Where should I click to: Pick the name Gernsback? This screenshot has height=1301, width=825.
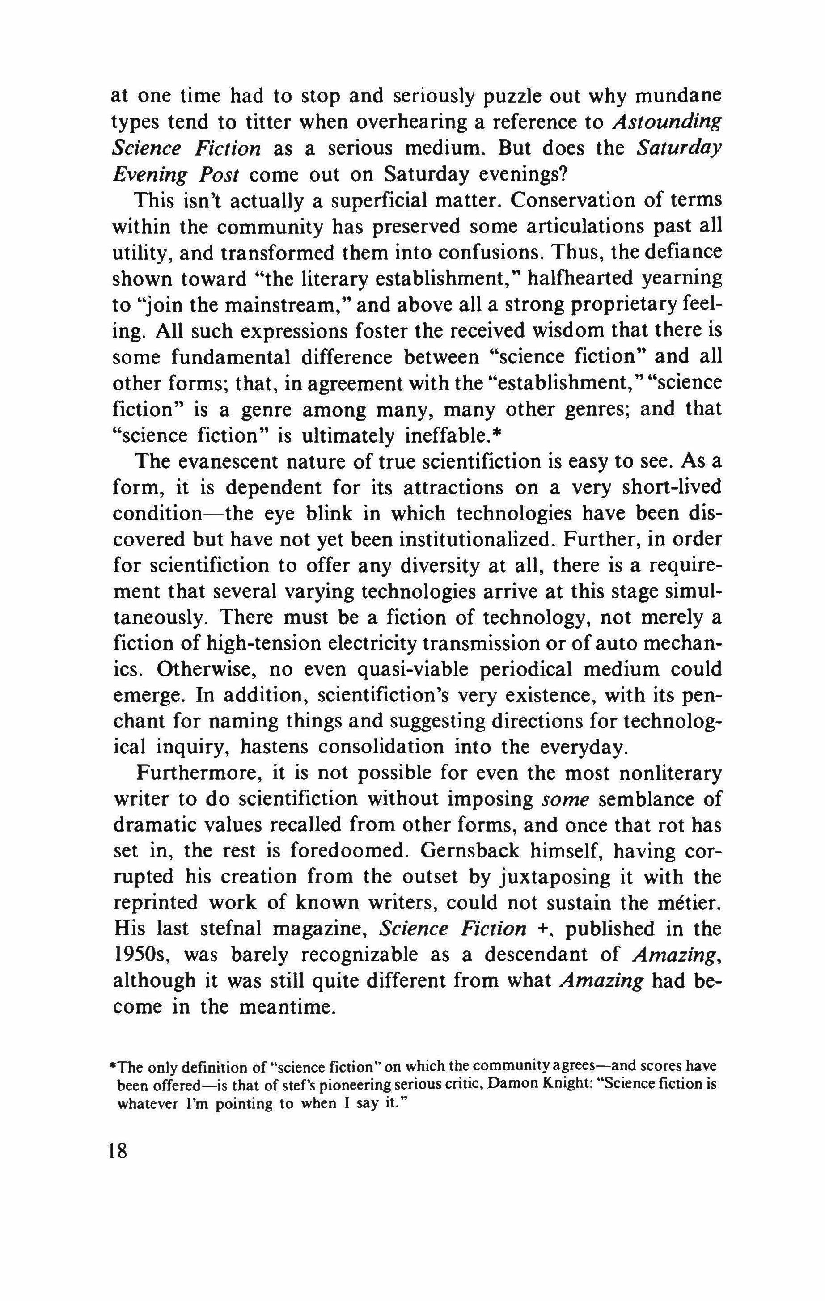point(467,852)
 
